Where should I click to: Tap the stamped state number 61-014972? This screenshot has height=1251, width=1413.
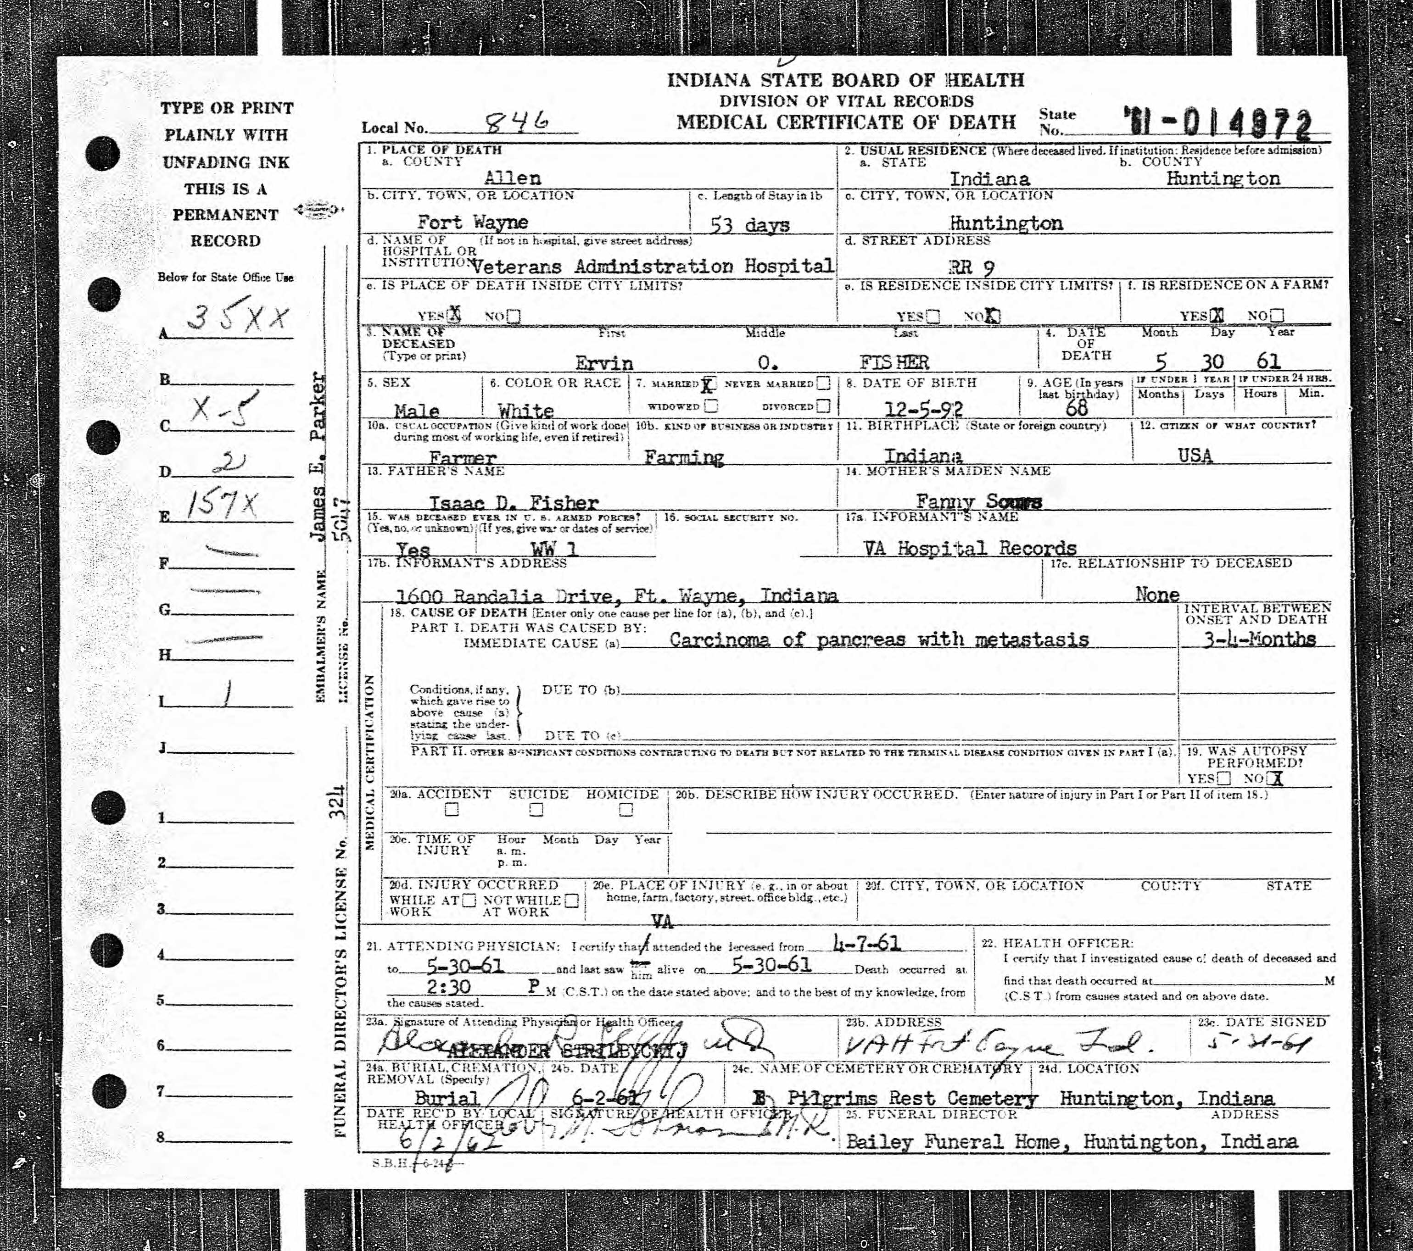(x=1218, y=126)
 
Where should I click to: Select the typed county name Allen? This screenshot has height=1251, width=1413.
(x=512, y=178)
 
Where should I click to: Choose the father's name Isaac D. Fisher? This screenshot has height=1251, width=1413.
(x=514, y=502)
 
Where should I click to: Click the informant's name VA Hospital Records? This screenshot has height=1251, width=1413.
(x=969, y=548)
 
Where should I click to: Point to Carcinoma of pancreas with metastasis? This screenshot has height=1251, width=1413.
(x=879, y=640)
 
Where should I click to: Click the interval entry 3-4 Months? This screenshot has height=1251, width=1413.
(x=1258, y=639)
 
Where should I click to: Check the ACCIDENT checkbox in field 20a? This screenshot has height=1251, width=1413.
(x=452, y=809)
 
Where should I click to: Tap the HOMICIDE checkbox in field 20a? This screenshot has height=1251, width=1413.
(x=626, y=809)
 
